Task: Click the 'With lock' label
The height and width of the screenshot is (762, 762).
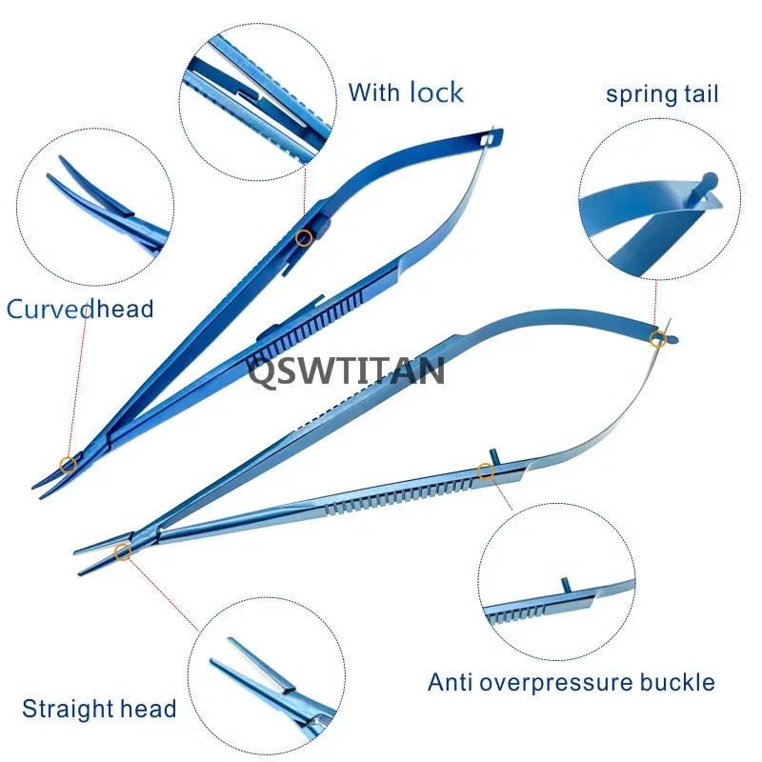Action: click(x=405, y=92)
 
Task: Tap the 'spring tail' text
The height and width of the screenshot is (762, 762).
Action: click(x=662, y=94)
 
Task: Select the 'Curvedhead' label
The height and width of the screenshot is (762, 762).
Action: click(x=80, y=309)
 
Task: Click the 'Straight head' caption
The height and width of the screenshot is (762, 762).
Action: click(x=99, y=709)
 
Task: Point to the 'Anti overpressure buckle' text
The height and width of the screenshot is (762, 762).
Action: click(x=571, y=682)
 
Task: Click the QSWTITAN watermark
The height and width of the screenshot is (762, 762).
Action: click(x=347, y=371)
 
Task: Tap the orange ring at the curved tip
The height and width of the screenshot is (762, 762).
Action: click(x=68, y=465)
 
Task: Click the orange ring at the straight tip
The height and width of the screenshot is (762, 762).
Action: click(x=123, y=551)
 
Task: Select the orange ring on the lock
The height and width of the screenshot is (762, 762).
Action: click(x=304, y=237)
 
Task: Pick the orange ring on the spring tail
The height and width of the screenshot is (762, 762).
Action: click(x=657, y=338)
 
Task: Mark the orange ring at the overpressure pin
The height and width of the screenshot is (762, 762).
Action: click(x=486, y=470)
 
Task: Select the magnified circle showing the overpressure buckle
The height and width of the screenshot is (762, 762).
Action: click(x=555, y=581)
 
